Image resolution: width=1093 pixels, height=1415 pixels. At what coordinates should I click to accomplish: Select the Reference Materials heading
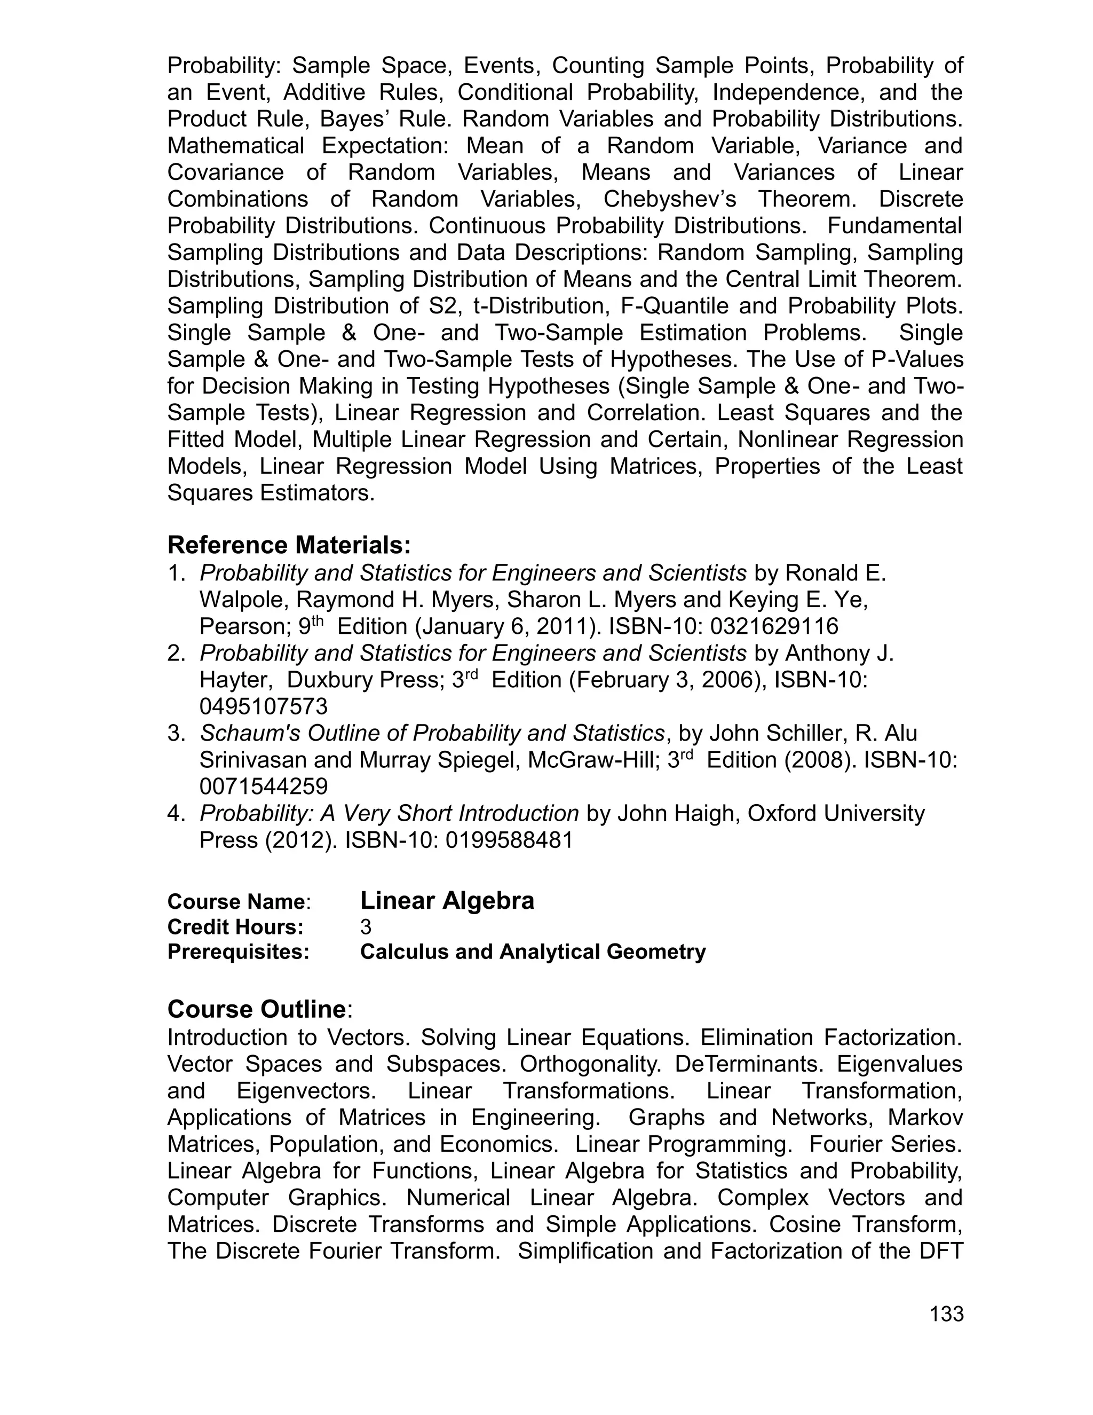(289, 545)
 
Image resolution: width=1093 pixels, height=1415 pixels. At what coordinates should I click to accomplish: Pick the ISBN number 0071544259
(264, 787)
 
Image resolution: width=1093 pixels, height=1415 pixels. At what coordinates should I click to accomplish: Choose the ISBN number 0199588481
(509, 840)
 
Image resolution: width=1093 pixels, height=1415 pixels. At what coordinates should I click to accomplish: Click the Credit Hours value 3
(366, 927)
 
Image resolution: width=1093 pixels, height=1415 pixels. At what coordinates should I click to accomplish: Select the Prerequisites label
(238, 952)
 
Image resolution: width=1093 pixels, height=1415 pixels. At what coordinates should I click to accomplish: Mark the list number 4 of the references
(176, 813)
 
